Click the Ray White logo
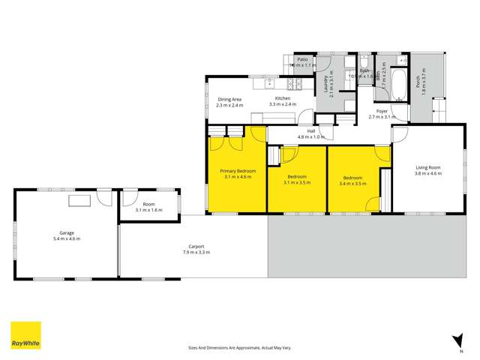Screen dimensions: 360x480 pos(25,336)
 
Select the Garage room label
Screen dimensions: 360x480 pos(67,233)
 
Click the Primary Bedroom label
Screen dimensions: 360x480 pos(238,171)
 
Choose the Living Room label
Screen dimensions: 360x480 pos(427,168)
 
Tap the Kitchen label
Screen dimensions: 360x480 pos(283,99)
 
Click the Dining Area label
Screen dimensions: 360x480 pos(229,99)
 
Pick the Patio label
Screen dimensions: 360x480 pos(303,58)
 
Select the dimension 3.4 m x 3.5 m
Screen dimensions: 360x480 pos(352,183)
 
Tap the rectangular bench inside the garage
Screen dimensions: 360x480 pos(79,199)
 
